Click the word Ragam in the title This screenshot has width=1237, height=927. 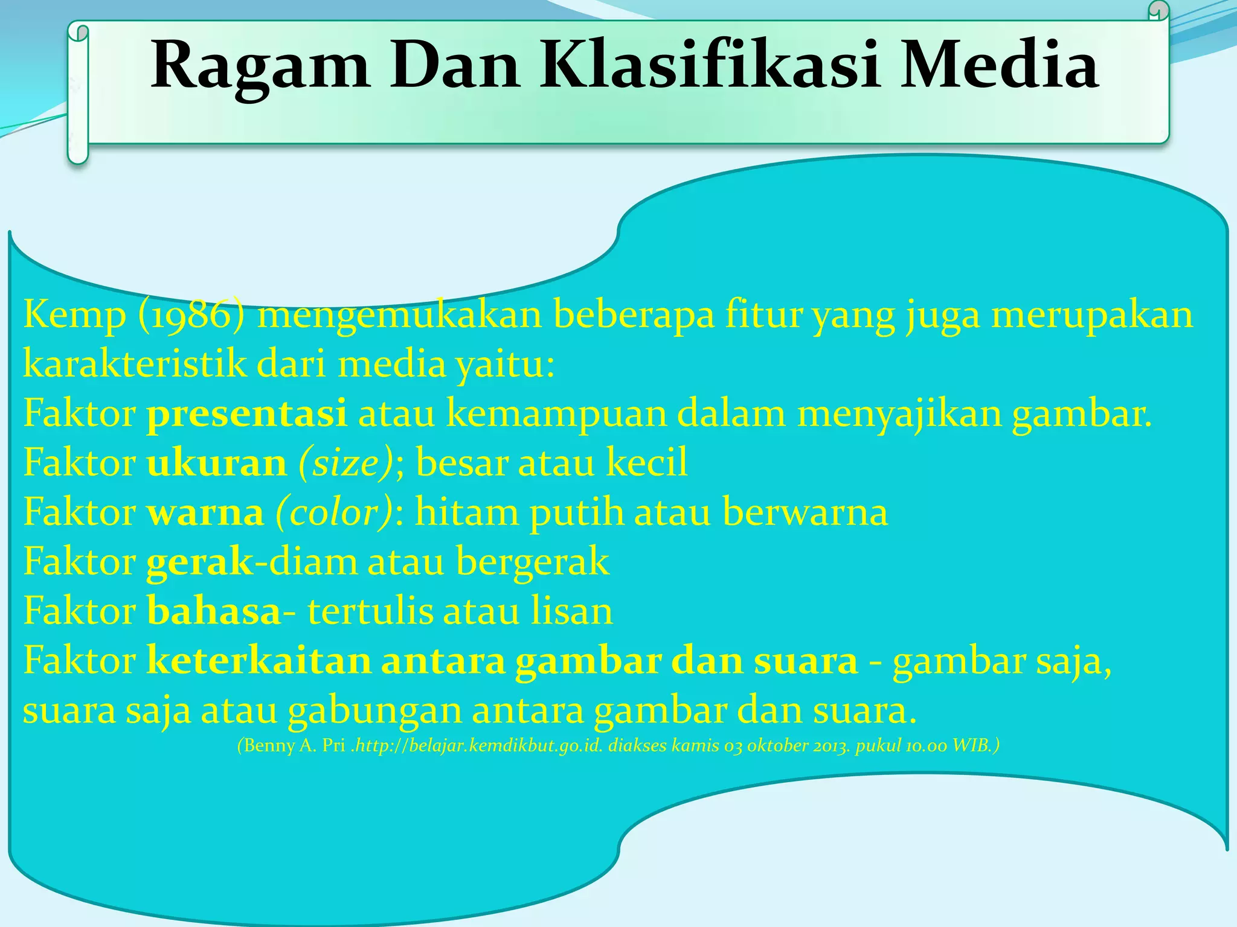click(260, 65)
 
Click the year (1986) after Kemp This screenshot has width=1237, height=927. click(191, 315)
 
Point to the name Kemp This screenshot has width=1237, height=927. click(74, 315)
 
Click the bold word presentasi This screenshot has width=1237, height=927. click(246, 414)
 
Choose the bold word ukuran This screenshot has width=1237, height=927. click(216, 463)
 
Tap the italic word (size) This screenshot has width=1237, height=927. click(346, 463)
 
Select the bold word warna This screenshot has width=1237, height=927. click(205, 513)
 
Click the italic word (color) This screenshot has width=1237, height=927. click(334, 513)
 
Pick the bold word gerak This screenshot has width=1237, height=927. click(200, 562)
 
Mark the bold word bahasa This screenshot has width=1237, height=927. click(214, 611)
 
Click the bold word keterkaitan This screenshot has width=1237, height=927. click(259, 661)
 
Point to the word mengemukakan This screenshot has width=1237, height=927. click(399, 315)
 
